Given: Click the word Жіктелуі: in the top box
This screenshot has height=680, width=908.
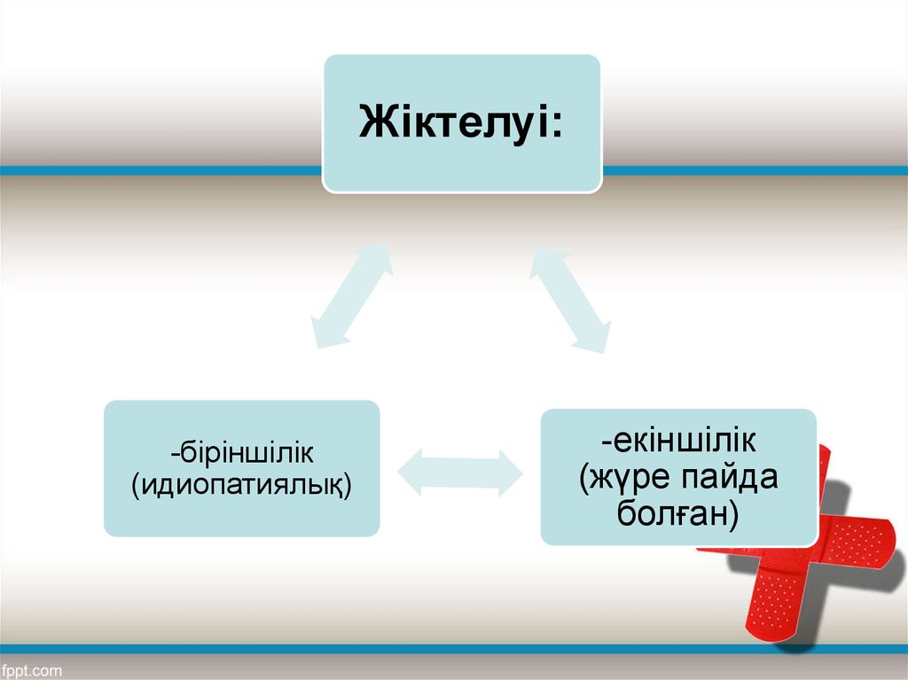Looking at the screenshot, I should [460, 123].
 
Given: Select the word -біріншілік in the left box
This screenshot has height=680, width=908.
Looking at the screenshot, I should [241, 453].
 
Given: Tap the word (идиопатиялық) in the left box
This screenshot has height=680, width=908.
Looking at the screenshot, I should [241, 485].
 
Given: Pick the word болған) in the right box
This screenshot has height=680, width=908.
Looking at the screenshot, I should [678, 513].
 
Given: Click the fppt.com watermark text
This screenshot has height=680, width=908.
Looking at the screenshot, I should [32, 669].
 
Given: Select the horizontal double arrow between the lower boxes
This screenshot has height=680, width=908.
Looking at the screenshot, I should [459, 471].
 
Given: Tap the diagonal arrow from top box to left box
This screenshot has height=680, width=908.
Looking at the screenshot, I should [352, 295].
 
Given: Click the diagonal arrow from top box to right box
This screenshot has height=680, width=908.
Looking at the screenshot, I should [570, 299].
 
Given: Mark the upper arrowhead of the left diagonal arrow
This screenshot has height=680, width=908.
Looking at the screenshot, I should [376, 258].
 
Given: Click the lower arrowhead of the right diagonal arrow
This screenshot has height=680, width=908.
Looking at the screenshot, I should [595, 338].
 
